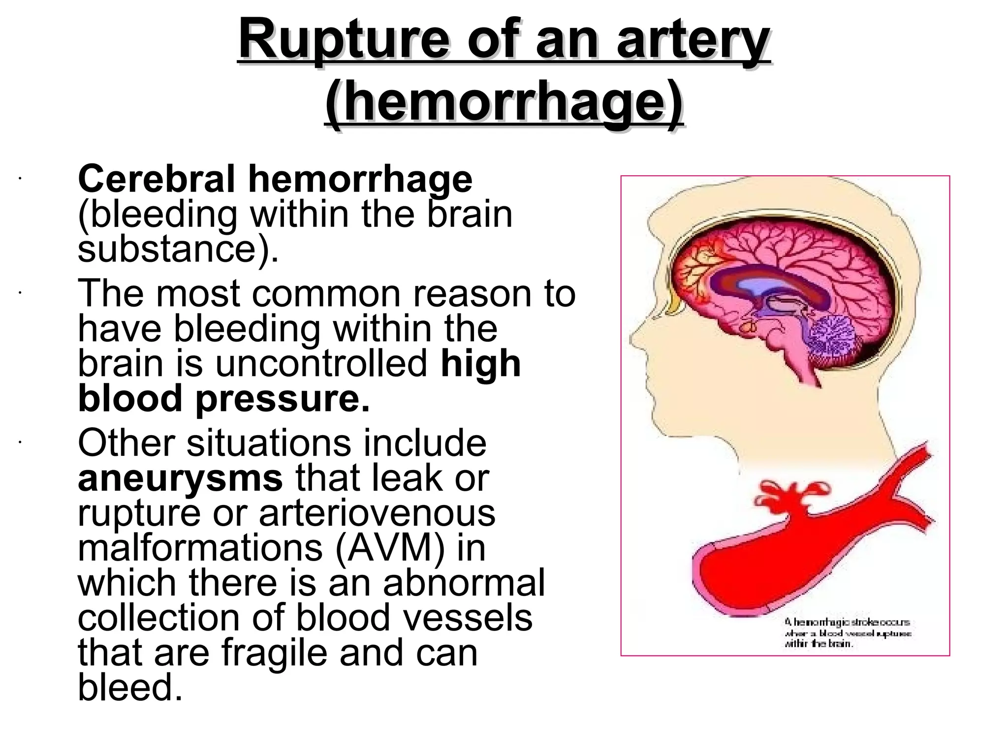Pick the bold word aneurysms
[180, 478]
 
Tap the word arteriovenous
[377, 513]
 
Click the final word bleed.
[130, 688]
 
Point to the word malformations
[200, 548]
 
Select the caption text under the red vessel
[847, 633]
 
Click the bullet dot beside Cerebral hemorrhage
[19, 179]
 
